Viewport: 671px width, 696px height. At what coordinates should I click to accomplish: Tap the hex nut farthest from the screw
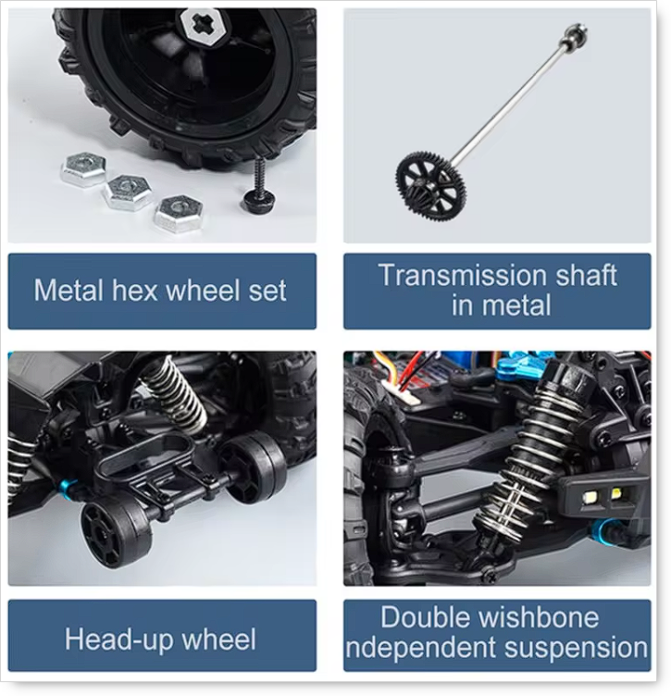(x=84, y=169)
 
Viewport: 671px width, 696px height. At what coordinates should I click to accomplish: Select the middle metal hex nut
(x=128, y=193)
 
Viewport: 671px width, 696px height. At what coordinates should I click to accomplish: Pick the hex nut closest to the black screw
(x=179, y=214)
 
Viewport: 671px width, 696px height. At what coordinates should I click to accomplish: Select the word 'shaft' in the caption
(x=586, y=275)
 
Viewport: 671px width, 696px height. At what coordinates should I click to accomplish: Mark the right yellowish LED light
(x=616, y=492)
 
